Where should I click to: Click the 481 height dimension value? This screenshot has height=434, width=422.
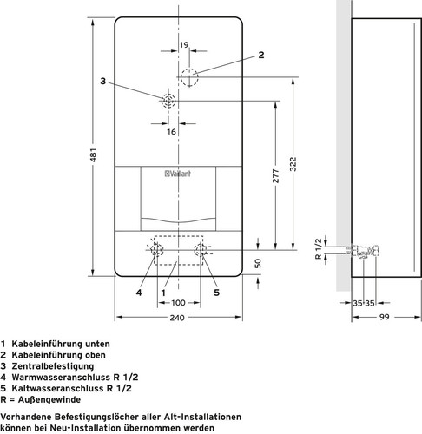(x=94, y=155)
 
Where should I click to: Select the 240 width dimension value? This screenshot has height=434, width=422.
(x=177, y=318)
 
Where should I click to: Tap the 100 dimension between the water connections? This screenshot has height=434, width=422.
(x=178, y=303)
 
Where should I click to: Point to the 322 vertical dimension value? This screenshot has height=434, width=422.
(x=293, y=164)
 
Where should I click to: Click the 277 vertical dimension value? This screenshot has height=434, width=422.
(x=276, y=176)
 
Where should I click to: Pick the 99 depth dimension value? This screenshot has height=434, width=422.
(x=385, y=317)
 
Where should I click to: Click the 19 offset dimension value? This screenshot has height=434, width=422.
(x=184, y=45)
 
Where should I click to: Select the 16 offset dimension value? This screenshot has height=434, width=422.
(x=171, y=132)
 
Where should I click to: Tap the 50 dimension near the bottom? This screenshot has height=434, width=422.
(x=257, y=264)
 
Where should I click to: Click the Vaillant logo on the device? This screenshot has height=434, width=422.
(x=178, y=174)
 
